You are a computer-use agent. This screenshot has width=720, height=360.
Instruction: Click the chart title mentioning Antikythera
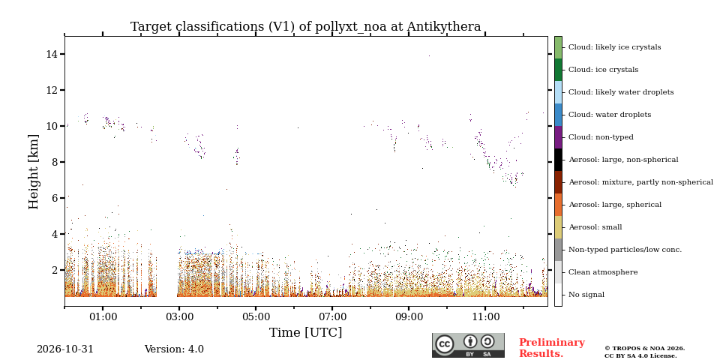(305, 27)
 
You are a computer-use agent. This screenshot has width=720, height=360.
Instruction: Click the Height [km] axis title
(34, 172)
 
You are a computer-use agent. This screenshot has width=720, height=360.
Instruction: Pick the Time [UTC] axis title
(305, 332)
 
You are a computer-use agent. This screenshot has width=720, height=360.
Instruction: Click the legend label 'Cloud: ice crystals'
(603, 70)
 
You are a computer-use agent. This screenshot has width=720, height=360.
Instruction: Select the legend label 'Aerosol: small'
(595, 227)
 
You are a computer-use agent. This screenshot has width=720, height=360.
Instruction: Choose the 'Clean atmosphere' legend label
(603, 272)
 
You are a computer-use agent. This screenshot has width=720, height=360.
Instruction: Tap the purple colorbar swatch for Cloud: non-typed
(558, 137)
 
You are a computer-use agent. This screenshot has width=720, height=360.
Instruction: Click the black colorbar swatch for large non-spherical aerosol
(558, 160)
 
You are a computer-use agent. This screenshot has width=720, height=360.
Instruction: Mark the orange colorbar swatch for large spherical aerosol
(558, 205)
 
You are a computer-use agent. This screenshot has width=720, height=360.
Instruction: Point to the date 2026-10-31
(64, 349)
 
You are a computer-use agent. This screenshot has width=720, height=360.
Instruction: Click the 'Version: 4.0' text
(174, 349)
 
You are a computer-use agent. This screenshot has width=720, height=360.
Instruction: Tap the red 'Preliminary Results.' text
(552, 348)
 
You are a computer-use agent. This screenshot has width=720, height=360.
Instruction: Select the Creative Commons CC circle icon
(445, 344)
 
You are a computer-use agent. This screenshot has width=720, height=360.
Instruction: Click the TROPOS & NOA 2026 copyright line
(644, 349)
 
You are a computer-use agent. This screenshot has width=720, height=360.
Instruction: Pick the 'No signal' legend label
(586, 295)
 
